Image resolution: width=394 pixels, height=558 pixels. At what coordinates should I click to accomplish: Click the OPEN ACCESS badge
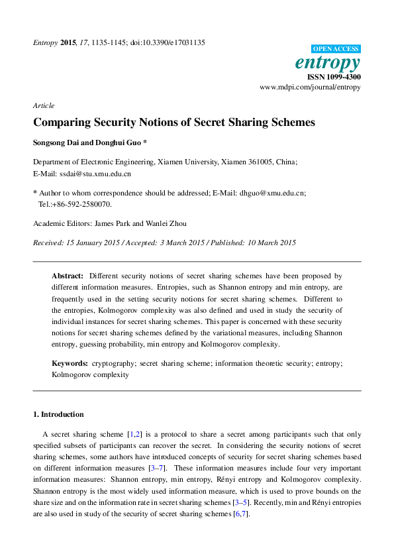tap(336, 49)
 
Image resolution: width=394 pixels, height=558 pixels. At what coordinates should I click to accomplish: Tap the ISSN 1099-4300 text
tap(334, 77)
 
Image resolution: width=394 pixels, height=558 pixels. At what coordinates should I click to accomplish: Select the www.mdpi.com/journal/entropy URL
tap(310, 87)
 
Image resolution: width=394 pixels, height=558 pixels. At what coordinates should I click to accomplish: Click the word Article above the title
tap(43, 105)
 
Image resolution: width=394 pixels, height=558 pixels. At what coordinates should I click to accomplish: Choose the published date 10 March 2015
tap(264, 243)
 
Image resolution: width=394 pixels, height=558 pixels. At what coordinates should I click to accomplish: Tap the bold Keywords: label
tap(70, 364)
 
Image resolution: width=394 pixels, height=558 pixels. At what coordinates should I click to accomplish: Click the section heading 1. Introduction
tap(58, 414)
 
